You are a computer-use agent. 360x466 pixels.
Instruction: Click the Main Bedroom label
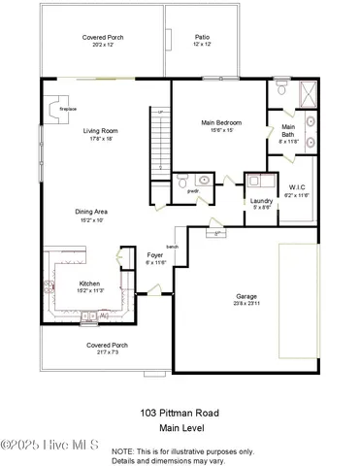click(221, 123)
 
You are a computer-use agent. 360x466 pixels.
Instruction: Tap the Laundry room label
click(261, 201)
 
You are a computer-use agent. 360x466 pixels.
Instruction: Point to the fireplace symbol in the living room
click(60, 100)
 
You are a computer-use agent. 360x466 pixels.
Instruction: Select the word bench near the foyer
click(173, 247)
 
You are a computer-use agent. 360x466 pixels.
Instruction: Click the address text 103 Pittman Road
click(180, 413)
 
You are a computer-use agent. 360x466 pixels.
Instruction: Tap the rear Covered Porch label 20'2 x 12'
click(102, 44)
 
